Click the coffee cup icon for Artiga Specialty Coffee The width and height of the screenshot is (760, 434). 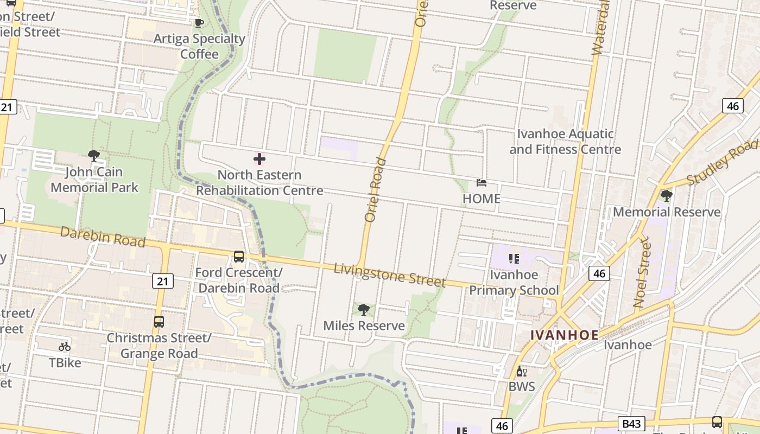pyautogui.click(x=199, y=23)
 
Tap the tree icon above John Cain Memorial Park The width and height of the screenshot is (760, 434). pyautogui.click(x=94, y=156)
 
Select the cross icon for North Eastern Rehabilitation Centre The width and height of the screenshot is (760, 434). pyautogui.click(x=259, y=159)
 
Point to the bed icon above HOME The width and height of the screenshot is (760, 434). pyautogui.click(x=481, y=183)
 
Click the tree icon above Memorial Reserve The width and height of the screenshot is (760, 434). pyautogui.click(x=666, y=196)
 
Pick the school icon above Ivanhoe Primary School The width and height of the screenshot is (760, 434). pyautogui.click(x=514, y=259)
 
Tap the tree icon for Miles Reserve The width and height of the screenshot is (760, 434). pyautogui.click(x=364, y=310)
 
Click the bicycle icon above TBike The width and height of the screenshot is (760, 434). pyautogui.click(x=65, y=347)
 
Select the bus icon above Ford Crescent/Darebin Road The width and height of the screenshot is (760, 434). pyautogui.click(x=238, y=257)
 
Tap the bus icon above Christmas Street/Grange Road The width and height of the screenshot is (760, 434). pyautogui.click(x=159, y=322)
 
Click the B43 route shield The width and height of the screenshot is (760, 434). pyautogui.click(x=631, y=424)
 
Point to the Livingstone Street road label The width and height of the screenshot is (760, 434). pyautogui.click(x=389, y=275)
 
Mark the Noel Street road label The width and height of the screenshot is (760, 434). pyautogui.click(x=641, y=272)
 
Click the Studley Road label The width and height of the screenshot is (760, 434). pyautogui.click(x=721, y=163)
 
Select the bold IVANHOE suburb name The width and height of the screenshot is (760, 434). pyautogui.click(x=565, y=335)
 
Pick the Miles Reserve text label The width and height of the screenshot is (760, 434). pyautogui.click(x=364, y=325)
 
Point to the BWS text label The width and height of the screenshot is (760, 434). pyautogui.click(x=522, y=387)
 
